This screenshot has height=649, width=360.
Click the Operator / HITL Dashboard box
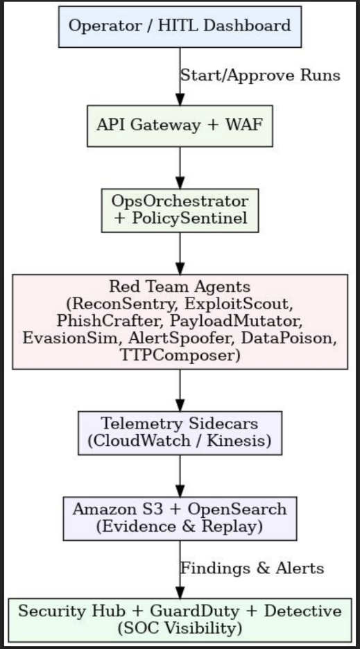pyautogui.click(x=180, y=27)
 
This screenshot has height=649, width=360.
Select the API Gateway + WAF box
pyautogui.click(x=180, y=126)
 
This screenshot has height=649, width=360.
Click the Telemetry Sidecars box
pyautogui.click(x=180, y=433)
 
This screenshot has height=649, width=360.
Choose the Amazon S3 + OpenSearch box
pyautogui.click(x=180, y=518)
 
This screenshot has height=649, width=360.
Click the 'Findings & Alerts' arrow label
pyautogui.click(x=252, y=569)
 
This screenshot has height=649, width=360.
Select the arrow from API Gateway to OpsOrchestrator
pyautogui.click(x=180, y=167)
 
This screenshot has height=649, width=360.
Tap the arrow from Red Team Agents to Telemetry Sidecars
pyautogui.click(x=180, y=390)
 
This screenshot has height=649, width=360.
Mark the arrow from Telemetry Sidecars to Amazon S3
pyautogui.click(x=180, y=476)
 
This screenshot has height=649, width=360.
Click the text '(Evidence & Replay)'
pyautogui.click(x=180, y=526)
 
